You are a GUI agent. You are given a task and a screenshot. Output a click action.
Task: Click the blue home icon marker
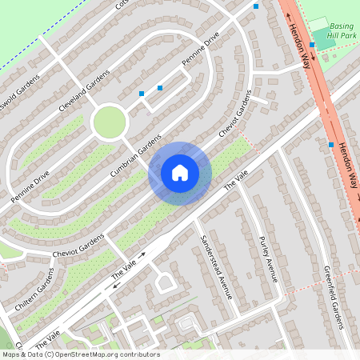180,173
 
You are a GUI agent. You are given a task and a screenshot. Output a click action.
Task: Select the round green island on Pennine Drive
110,122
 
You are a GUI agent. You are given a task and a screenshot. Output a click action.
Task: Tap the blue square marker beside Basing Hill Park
312,46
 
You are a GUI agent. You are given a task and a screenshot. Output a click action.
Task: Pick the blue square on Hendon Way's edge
330,145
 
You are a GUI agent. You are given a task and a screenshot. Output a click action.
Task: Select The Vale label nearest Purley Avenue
232,182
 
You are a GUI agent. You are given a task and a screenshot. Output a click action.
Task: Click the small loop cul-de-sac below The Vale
165,282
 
